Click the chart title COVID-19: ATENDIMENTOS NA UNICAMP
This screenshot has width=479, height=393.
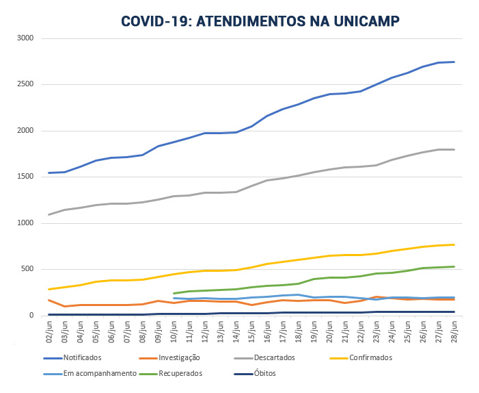260,21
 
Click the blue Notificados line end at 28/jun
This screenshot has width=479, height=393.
454,62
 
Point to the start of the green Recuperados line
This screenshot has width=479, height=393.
174,293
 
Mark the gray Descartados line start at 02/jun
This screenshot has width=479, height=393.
49,214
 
